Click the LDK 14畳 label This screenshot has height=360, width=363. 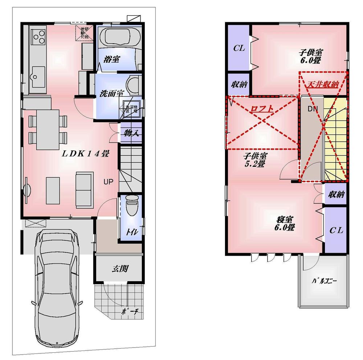coord(86,154)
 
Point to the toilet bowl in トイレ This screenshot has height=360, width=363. coord(130,207)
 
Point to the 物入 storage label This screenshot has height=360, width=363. coord(130,133)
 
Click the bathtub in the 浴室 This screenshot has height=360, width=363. coord(118,36)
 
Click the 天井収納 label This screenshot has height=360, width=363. coord(323,84)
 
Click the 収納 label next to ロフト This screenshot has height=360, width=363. coord(239,84)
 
